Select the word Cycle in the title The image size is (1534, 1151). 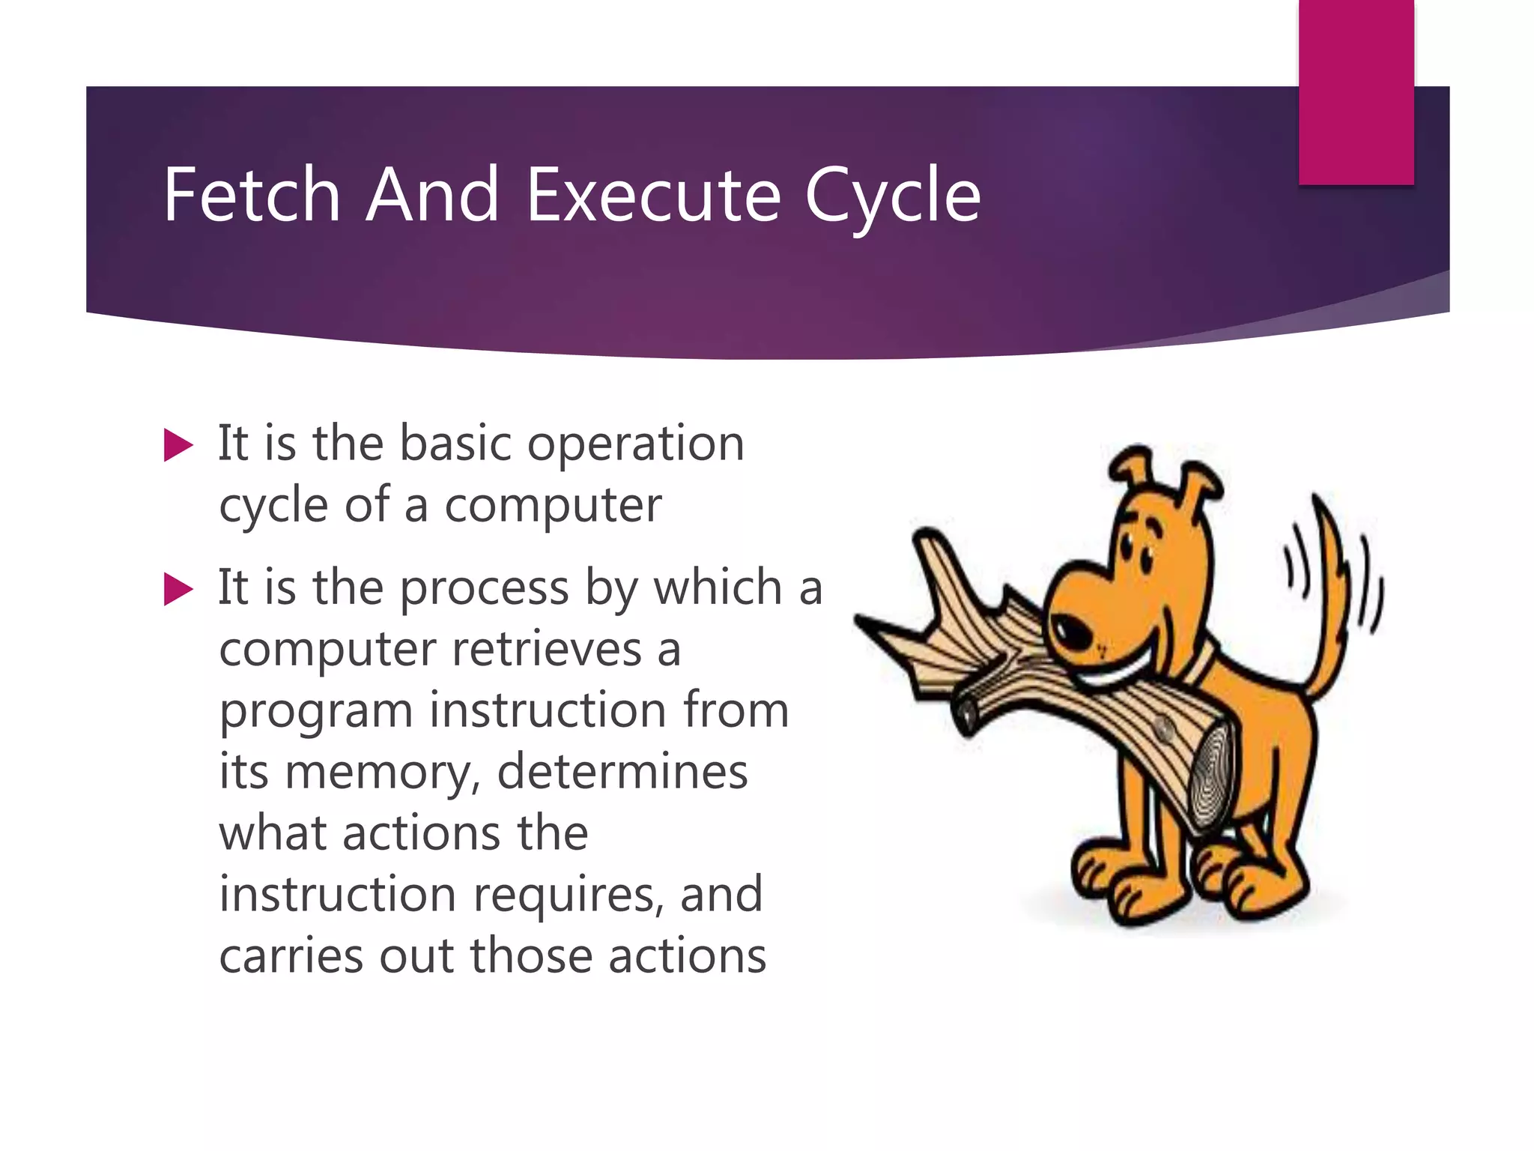[892, 196]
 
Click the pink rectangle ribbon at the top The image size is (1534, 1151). [1356, 90]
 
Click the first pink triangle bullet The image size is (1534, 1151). [178, 445]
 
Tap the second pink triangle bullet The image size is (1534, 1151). [178, 589]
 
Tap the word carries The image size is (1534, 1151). [291, 956]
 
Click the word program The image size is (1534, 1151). [315, 712]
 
